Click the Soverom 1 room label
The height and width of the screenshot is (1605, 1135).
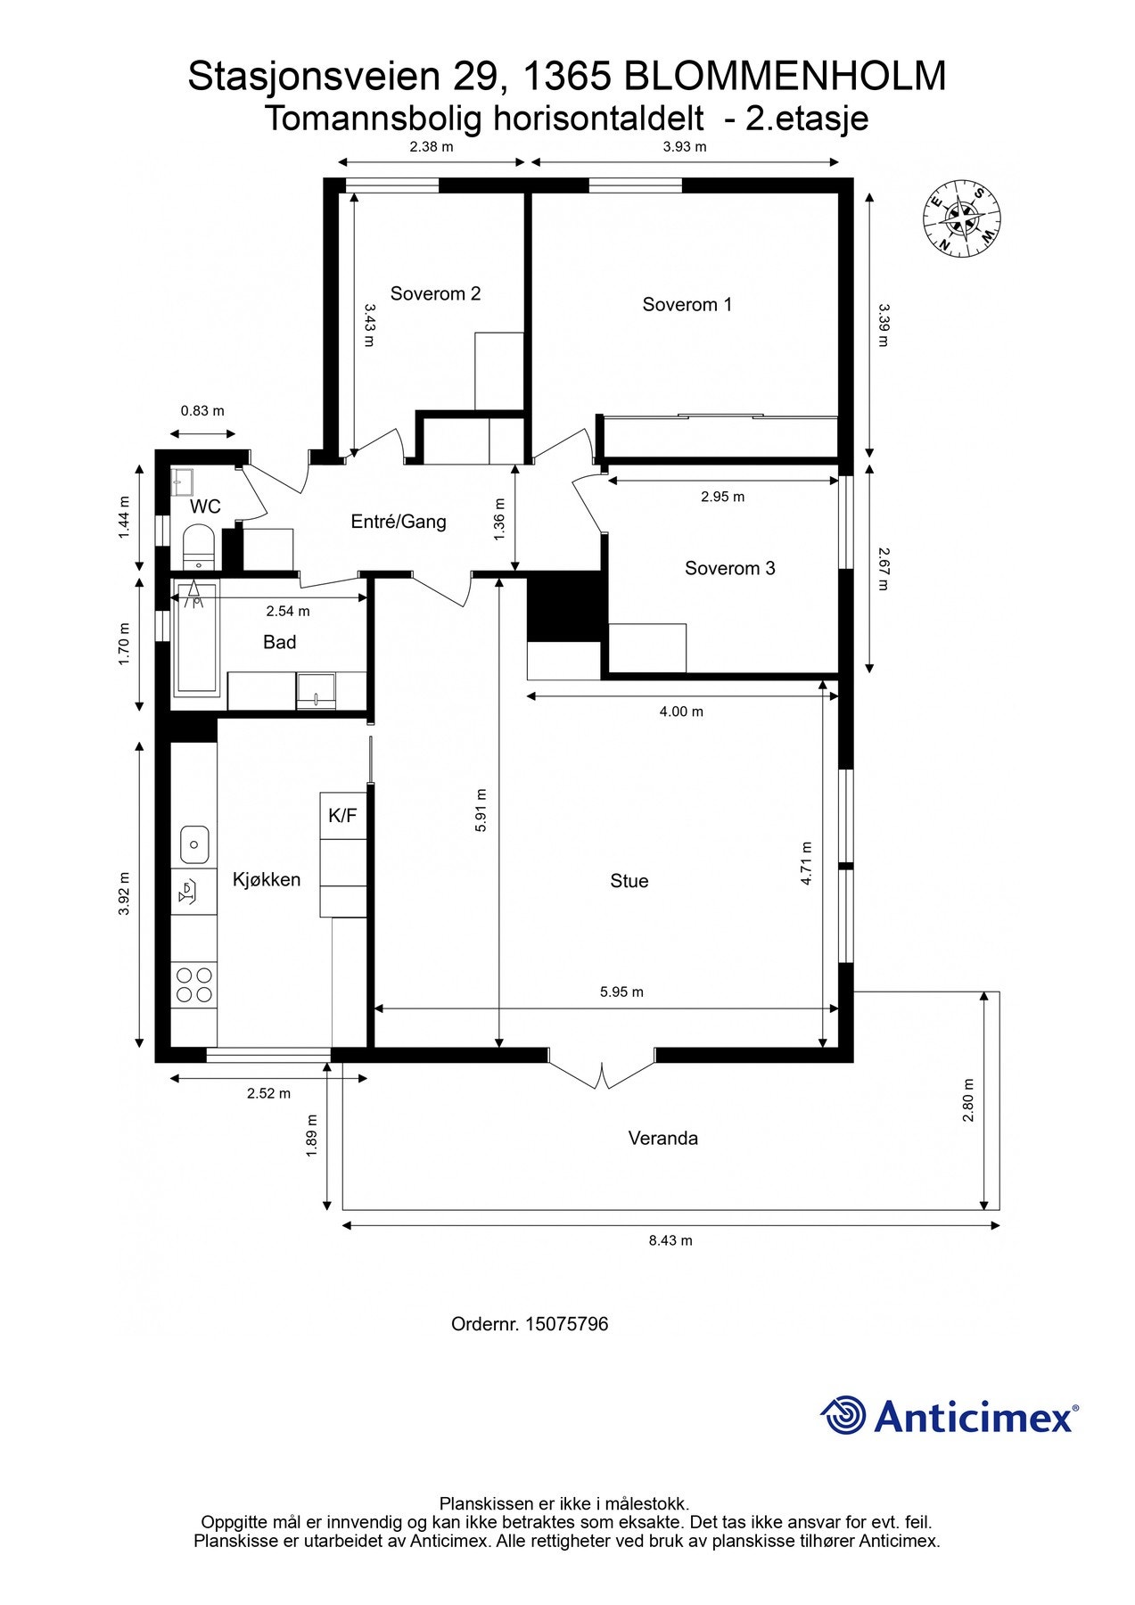[687, 305]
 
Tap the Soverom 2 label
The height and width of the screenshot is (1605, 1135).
[435, 293]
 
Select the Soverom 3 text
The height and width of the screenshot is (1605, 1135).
[729, 568]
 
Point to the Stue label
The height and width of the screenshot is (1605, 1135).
[629, 881]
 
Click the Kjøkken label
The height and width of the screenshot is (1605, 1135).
[266, 879]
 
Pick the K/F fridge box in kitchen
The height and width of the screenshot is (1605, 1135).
[343, 815]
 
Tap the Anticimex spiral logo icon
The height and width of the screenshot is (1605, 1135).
[843, 1415]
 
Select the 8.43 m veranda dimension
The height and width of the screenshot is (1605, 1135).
[670, 1240]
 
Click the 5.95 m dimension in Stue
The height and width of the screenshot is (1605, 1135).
[621, 992]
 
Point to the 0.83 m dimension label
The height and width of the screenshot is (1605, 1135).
[202, 411]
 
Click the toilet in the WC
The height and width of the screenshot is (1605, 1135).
[197, 547]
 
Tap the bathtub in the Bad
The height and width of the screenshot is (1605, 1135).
[196, 638]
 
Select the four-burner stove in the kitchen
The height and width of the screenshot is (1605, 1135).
[194, 984]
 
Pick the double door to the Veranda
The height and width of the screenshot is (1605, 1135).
[603, 1070]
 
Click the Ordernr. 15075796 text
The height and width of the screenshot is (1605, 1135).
[530, 1324]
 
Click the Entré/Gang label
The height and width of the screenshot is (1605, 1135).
[398, 522]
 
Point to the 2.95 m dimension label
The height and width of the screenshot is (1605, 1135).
[722, 497]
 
